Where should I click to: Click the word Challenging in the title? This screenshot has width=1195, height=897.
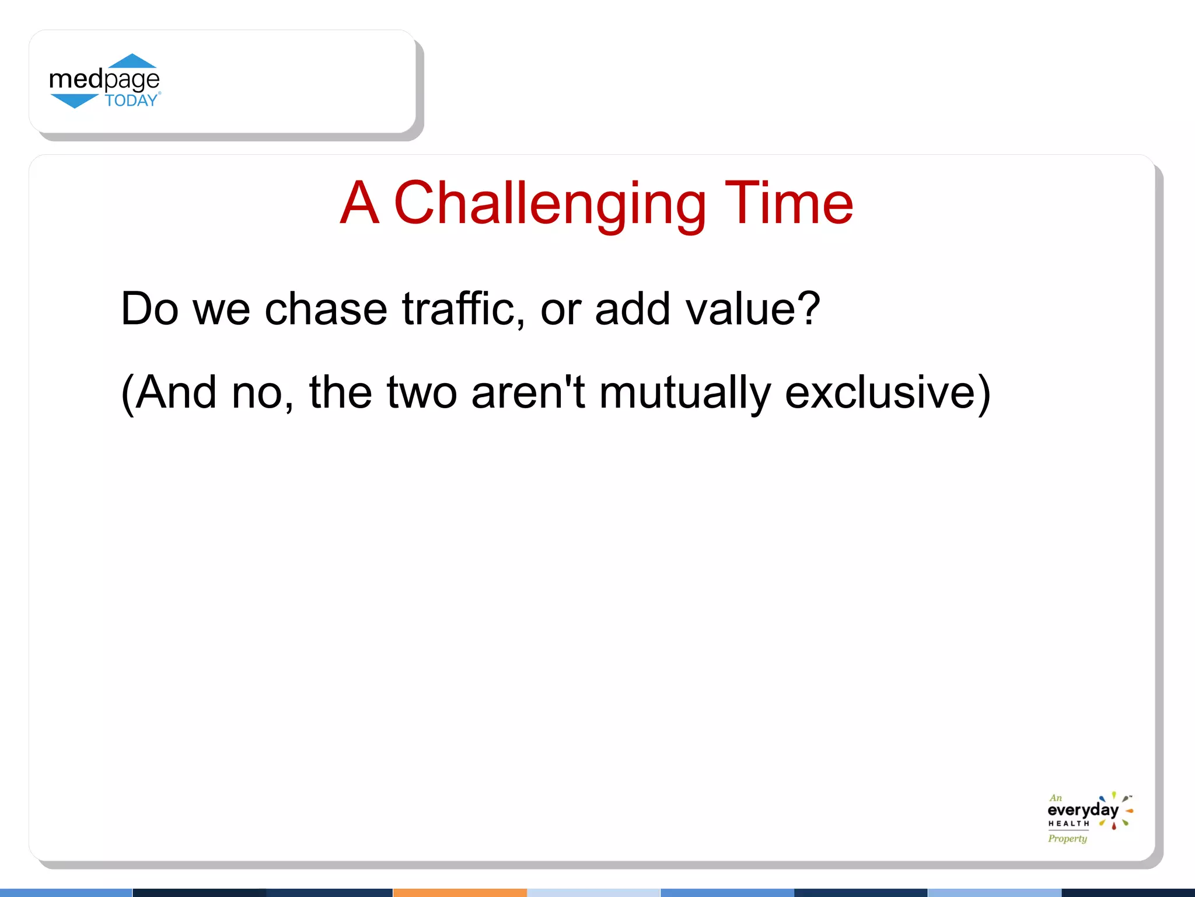click(x=550, y=204)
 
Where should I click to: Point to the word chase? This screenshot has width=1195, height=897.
click(x=326, y=310)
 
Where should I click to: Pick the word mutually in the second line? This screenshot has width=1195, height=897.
click(x=684, y=392)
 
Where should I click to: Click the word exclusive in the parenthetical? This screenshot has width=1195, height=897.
click(x=880, y=392)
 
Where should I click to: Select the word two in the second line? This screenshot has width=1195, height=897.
click(x=421, y=394)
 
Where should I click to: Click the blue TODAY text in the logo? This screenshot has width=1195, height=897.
click(x=131, y=101)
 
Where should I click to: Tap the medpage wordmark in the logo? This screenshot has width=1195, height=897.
click(x=104, y=79)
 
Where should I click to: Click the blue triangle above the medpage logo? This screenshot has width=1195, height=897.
click(x=132, y=61)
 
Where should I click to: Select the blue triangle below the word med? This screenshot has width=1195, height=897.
click(x=74, y=101)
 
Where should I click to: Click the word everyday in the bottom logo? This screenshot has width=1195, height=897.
click(x=1082, y=811)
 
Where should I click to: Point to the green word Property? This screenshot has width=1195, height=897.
click(x=1067, y=839)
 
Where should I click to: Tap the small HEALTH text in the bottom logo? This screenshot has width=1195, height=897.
click(x=1068, y=824)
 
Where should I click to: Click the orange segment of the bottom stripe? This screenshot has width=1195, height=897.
click(x=460, y=892)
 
